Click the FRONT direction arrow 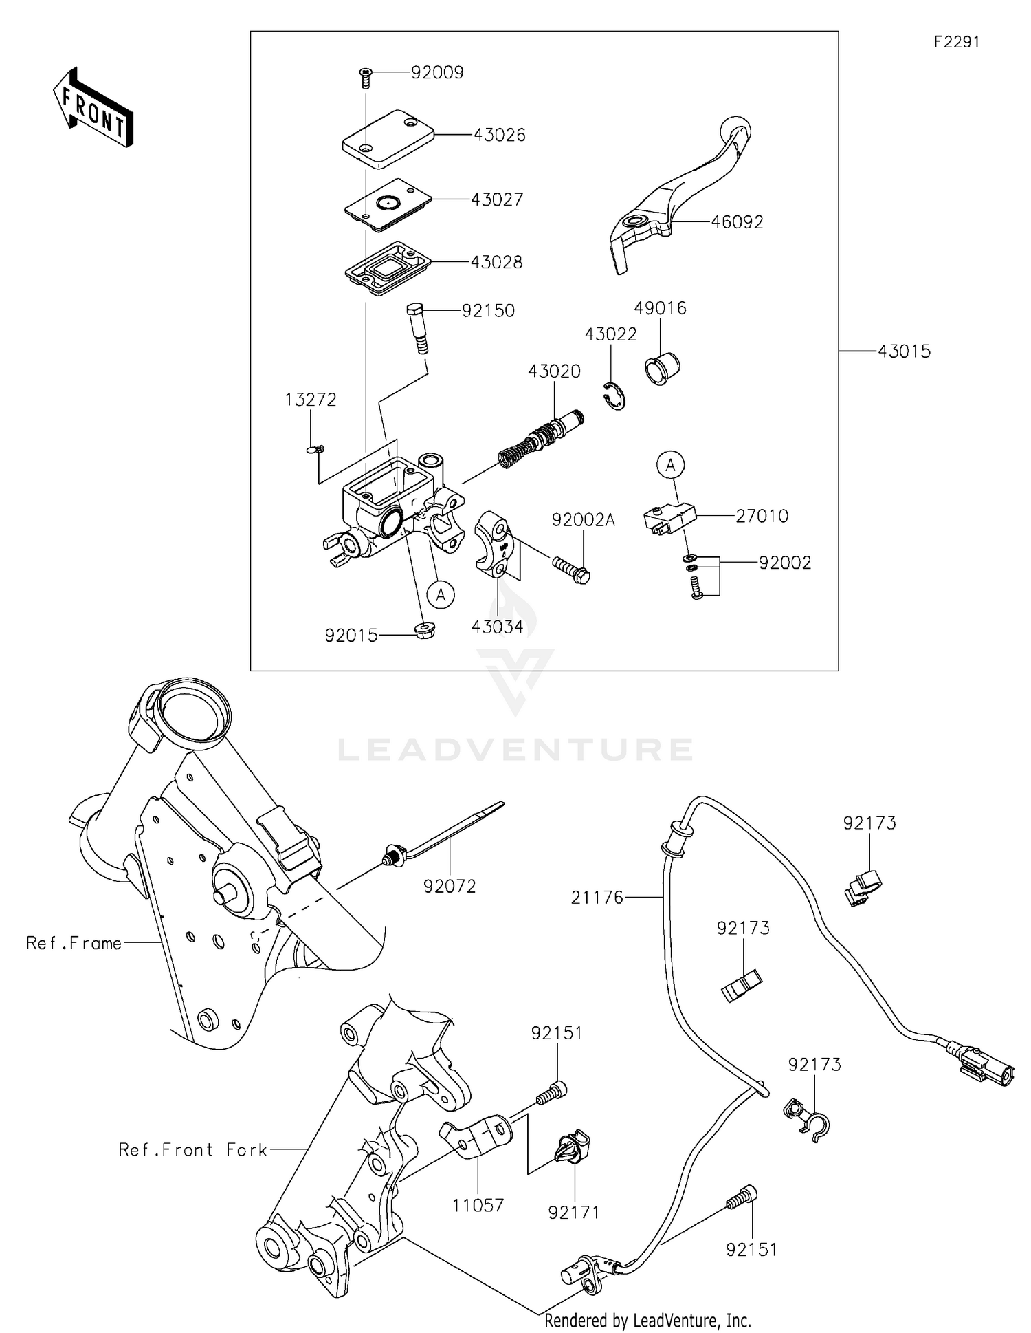[93, 108]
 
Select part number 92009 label [437, 72]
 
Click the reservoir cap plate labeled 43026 [388, 139]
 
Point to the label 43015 [904, 351]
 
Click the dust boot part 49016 [661, 368]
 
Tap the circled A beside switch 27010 [671, 466]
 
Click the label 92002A [583, 521]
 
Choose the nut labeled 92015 [424, 629]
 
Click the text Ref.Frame [74, 943]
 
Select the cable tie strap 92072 [447, 836]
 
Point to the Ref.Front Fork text [192, 1150]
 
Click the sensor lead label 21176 [597, 898]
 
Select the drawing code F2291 [956, 42]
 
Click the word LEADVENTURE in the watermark [515, 750]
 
